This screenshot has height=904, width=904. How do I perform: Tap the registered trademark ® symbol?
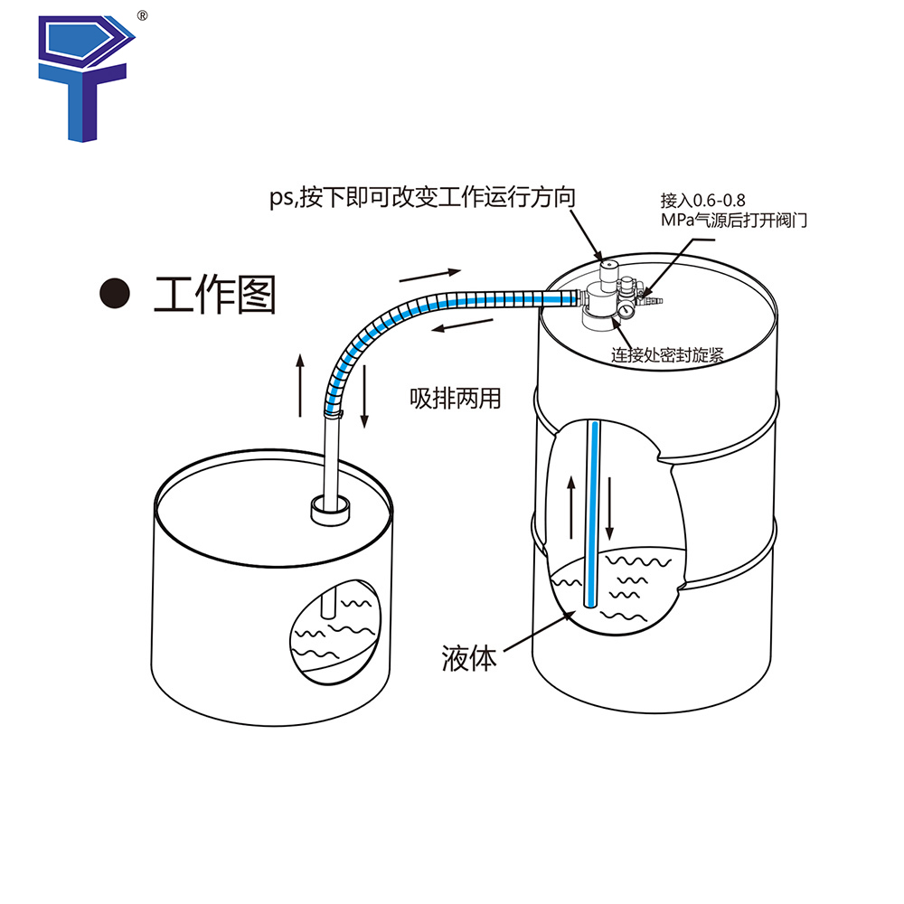point(141,15)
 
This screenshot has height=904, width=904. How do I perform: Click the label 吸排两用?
point(455,398)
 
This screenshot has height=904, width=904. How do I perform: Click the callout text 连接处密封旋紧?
point(667,354)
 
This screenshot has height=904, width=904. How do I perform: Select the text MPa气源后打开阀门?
point(719,221)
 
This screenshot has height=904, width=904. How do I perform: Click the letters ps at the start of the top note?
point(282,198)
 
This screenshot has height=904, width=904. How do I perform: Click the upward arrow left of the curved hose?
point(301,384)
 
